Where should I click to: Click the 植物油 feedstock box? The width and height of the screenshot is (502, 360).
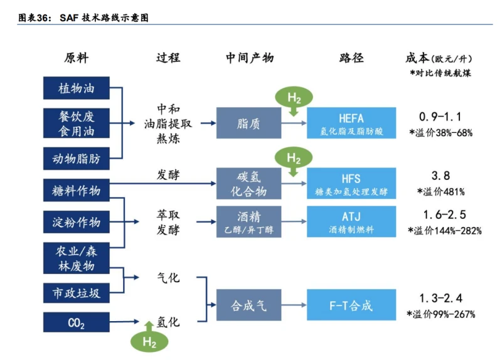[76, 88]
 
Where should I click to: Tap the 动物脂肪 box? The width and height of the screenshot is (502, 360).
[76, 159]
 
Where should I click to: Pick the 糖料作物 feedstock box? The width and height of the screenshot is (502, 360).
[76, 190]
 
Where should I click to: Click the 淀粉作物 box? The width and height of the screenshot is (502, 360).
[76, 221]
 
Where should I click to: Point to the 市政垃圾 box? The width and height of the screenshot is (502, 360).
[76, 292]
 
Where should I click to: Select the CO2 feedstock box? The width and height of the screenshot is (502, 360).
[76, 323]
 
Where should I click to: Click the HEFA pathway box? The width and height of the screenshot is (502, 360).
[351, 123]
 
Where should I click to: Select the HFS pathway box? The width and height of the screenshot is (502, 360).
[351, 183]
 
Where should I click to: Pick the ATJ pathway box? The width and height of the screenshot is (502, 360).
[351, 221]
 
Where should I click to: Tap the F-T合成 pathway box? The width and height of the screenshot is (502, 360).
[351, 306]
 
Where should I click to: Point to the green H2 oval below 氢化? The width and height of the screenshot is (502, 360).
[149, 342]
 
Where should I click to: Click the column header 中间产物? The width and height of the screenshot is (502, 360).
[250, 58]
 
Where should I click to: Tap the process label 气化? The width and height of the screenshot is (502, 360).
[168, 277]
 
